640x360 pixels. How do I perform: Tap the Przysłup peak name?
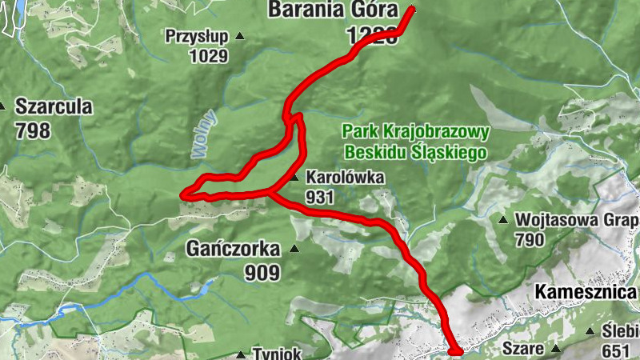coord(196,36)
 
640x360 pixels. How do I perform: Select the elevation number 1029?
coord(208,56)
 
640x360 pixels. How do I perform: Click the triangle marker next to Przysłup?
coord(238,37)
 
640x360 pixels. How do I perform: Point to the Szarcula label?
coord(54,106)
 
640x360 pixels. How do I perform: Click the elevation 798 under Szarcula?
coord(32,130)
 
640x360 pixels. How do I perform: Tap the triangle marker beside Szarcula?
coord(3,106)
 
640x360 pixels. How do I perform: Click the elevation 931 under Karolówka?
coord(318,196)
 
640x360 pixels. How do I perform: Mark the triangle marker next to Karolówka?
coord(295,178)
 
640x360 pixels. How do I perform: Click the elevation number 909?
coord(264,273)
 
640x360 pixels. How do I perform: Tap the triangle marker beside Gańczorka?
coord(294,249)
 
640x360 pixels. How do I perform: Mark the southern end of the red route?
coord(456,351)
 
